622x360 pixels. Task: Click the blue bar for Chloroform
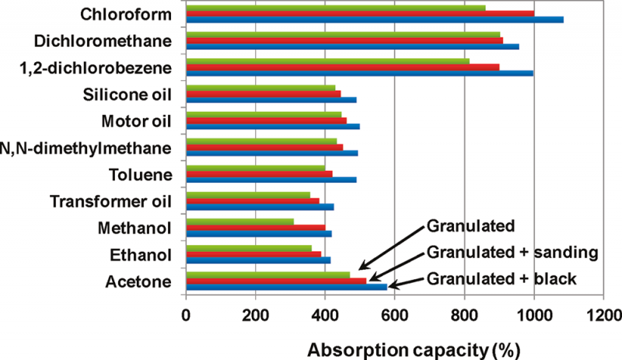(373, 19)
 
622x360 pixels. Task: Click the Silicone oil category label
(126, 95)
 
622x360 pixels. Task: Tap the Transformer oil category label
(110, 201)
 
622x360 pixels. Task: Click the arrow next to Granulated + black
(405, 285)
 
